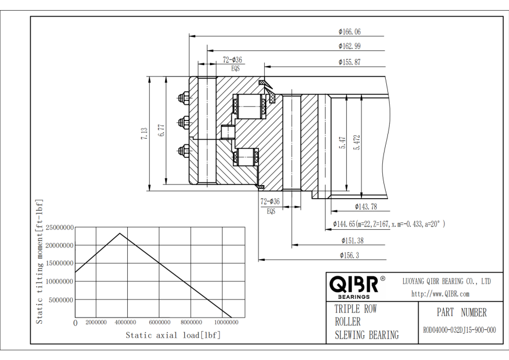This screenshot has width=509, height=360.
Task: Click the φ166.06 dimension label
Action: click(x=349, y=32)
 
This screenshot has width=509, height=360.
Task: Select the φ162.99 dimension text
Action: click(x=349, y=46)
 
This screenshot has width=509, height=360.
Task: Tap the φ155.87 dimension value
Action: click(x=349, y=62)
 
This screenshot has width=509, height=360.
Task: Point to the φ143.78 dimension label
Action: click(x=366, y=207)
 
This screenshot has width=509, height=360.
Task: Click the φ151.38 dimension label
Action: click(x=352, y=241)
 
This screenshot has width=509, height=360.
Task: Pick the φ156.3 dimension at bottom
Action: click(x=349, y=255)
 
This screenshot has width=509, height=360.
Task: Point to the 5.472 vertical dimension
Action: click(x=357, y=142)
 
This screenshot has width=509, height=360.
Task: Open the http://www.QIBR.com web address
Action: click(x=440, y=294)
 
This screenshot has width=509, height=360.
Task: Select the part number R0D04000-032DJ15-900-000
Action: click(x=459, y=331)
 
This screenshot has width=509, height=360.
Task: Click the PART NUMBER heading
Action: click(x=461, y=312)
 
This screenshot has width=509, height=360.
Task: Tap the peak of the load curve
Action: click(x=119, y=233)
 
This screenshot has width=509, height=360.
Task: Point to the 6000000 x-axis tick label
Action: click(x=160, y=322)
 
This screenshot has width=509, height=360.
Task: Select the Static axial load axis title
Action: click(x=173, y=335)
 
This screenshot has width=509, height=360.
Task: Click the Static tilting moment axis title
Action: click(x=40, y=262)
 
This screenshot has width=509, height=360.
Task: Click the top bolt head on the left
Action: click(x=183, y=97)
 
